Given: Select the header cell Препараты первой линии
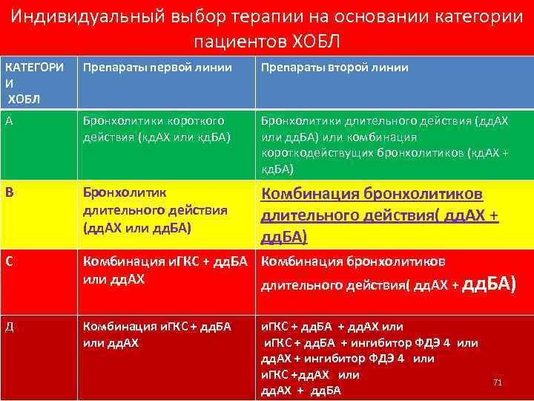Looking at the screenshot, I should [156, 68].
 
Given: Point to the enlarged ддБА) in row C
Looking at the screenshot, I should [488, 284].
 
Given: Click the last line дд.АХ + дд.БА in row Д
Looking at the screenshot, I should [300, 391].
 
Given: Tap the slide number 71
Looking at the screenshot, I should [498, 382].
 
